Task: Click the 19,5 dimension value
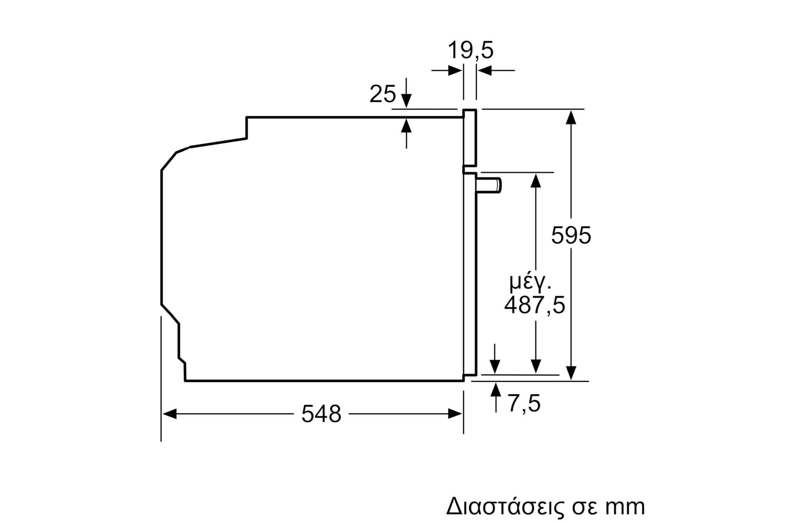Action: point(470,50)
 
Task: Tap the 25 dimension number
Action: point(383,94)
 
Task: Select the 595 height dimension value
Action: point(571,235)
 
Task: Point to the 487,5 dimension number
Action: point(534,305)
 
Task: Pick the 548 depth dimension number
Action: point(321,414)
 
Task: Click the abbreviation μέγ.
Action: point(530,282)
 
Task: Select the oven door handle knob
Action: point(488,185)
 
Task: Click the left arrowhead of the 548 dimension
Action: point(169,414)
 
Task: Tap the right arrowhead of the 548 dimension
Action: point(455,414)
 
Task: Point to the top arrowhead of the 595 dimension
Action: point(571,117)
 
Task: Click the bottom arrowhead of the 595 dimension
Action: point(571,373)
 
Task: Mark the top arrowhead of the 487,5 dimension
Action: point(535,180)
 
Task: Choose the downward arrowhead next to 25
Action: point(406,101)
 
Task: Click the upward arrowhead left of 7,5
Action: point(496,389)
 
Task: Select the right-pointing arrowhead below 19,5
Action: point(455,71)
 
